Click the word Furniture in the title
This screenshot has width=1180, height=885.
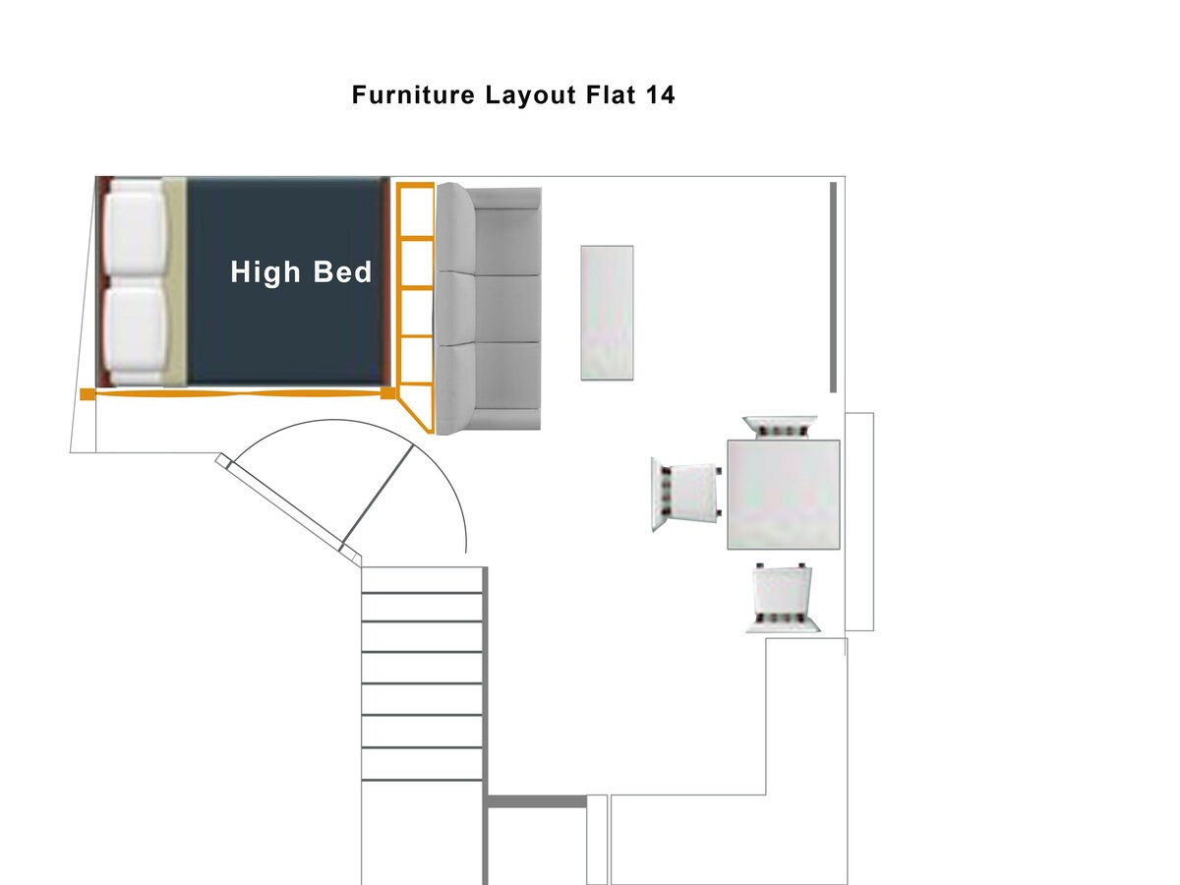[413, 95]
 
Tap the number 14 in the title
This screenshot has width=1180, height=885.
[660, 95]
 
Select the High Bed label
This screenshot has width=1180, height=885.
[301, 272]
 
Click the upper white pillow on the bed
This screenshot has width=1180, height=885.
[135, 227]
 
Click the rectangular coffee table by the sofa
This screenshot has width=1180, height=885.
[607, 313]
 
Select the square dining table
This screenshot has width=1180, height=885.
[784, 495]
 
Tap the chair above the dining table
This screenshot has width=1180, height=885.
[781, 427]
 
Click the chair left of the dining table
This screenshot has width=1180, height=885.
[686, 494]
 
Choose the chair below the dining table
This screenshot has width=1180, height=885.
[783, 598]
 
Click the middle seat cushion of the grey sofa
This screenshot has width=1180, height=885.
[507, 309]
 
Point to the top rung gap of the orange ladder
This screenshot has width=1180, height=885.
[416, 211]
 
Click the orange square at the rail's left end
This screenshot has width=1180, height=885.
[88, 394]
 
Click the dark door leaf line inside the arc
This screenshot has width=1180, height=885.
[378, 497]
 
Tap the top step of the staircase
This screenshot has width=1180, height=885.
[422, 580]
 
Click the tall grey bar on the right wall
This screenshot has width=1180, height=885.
[833, 287]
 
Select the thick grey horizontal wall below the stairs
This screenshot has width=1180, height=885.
[537, 801]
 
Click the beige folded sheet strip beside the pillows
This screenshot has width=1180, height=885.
[175, 281]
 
